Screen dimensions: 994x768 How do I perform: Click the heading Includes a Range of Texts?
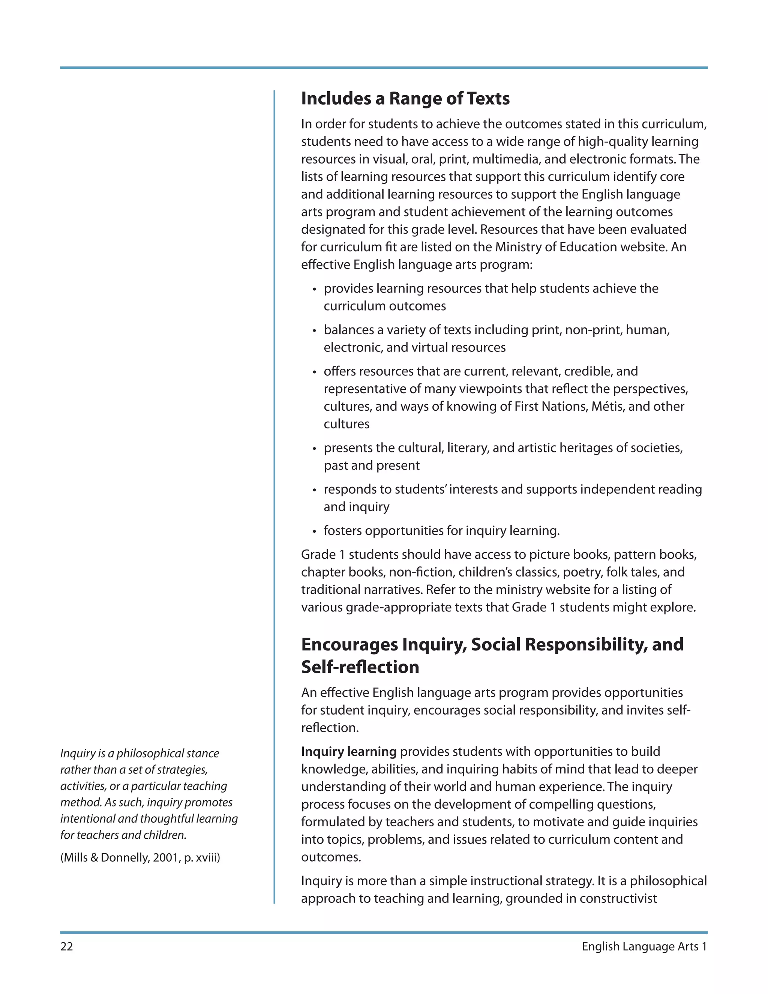(405, 98)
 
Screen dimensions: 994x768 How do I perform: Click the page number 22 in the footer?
(66, 946)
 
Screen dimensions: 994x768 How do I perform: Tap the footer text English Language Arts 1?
(644, 946)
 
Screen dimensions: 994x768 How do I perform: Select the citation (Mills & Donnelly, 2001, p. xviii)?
(140, 857)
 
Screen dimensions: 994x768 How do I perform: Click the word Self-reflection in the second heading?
(360, 667)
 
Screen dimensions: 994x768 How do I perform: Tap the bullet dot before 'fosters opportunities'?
(314, 532)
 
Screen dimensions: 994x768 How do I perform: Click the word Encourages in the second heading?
(349, 644)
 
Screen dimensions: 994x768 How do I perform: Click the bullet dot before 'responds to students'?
(314, 490)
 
